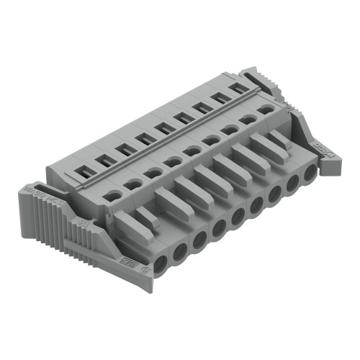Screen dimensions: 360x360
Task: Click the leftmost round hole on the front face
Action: tap(161, 262)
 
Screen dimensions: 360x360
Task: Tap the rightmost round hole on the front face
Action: tap(310, 173)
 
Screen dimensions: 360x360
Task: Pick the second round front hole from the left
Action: tap(180, 251)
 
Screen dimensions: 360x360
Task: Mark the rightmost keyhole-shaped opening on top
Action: tap(266, 109)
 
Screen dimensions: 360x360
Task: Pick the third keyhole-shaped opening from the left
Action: tap(153, 173)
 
